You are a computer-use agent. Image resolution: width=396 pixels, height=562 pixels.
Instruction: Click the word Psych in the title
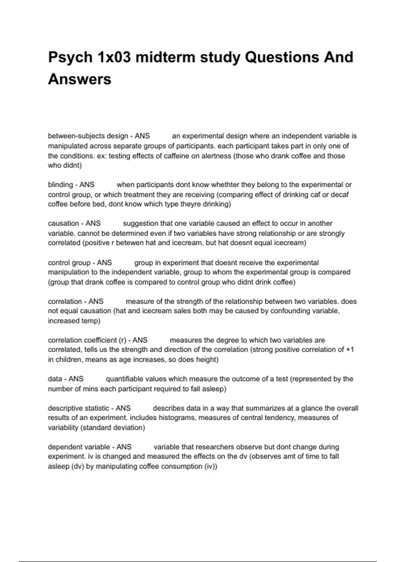[x=70, y=57]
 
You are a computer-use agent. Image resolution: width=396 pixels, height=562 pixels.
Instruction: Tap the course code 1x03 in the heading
[x=114, y=57]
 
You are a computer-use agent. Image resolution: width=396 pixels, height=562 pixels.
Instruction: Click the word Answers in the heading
[x=80, y=79]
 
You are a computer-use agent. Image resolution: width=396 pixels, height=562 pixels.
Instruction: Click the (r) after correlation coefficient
[x=122, y=340]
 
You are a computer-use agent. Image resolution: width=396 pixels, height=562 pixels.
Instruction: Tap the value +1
[x=350, y=349]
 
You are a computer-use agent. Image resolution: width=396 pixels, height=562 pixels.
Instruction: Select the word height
[x=206, y=359]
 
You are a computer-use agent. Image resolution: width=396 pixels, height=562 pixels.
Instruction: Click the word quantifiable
[x=124, y=379]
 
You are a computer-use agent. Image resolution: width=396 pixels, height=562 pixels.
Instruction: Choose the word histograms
[x=176, y=418]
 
